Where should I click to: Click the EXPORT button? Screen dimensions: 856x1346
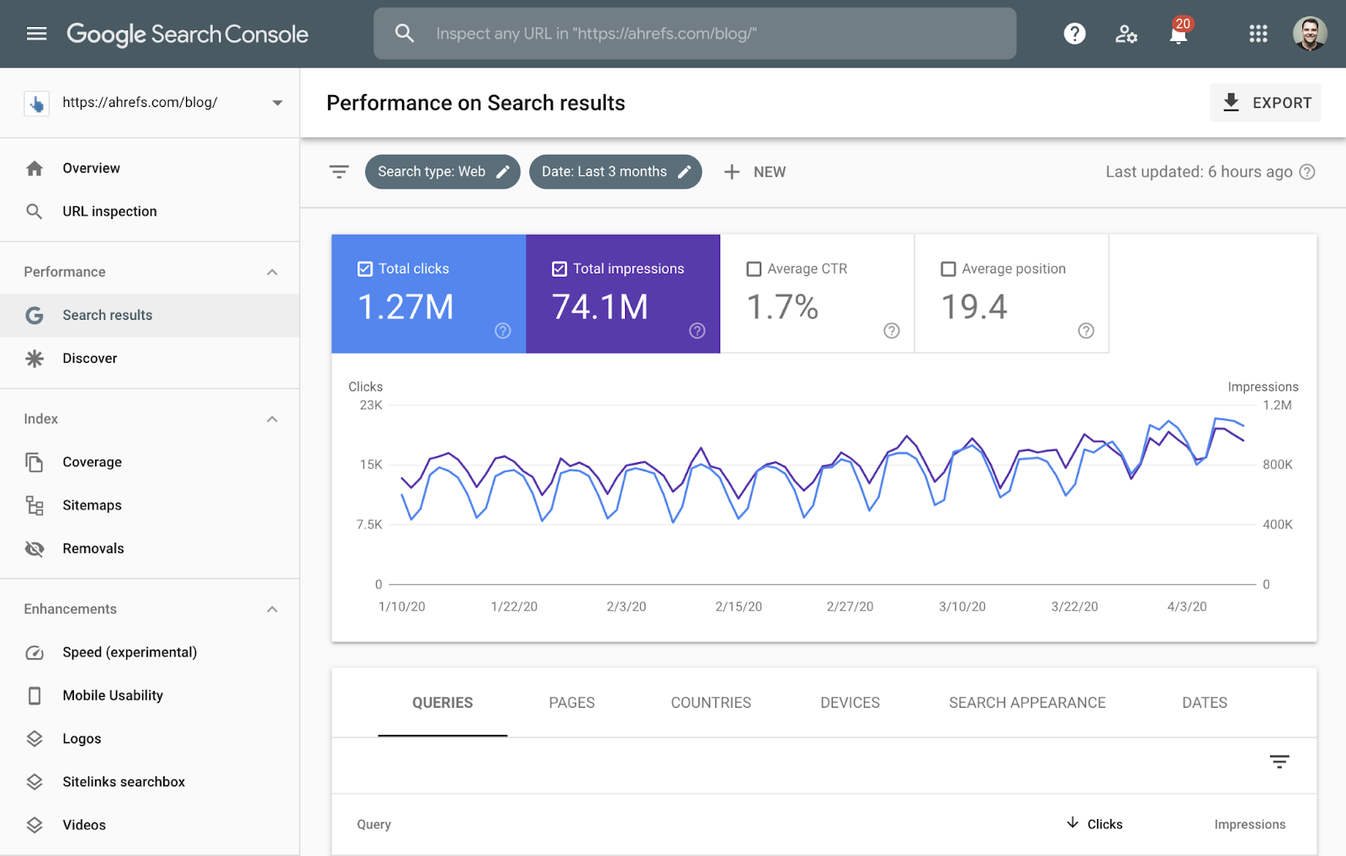[1265, 103]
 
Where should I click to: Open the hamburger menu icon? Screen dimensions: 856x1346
[36, 34]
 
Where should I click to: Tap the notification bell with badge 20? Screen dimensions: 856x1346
[1179, 34]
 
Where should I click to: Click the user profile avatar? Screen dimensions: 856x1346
[1309, 34]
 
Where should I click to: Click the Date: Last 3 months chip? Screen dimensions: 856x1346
[615, 172]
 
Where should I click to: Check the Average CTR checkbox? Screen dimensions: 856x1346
[754, 269]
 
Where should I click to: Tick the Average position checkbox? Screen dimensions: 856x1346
[948, 269]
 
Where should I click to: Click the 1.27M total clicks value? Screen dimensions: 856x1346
[405, 307]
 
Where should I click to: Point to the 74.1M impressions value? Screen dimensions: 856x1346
[600, 307]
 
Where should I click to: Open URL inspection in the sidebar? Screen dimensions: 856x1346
[109, 211]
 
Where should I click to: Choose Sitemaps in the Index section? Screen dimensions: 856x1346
[92, 505]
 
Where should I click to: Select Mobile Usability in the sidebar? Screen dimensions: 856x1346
[113, 695]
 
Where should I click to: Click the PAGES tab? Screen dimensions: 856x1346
[571, 703]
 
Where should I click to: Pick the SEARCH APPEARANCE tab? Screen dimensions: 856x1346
[1027, 703]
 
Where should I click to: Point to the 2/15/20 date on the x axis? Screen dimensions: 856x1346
[739, 607]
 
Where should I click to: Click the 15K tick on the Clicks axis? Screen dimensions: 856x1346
[371, 465]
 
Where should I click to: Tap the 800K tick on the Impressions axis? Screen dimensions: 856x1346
[1277, 465]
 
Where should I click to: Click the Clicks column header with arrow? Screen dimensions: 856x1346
[1095, 824]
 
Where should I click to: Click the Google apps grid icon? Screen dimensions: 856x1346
[1258, 34]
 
